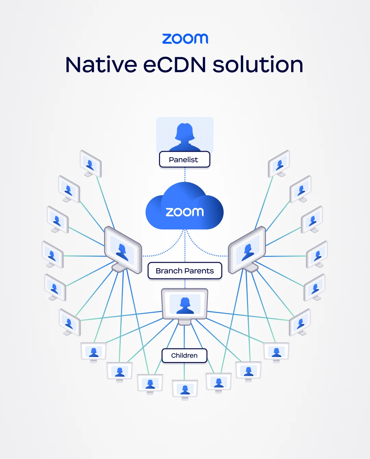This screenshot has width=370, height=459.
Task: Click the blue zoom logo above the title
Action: [185, 39]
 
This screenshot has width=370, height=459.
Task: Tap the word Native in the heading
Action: [101, 64]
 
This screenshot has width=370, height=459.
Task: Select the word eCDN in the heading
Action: [174, 64]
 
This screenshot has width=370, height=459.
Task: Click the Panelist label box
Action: [185, 159]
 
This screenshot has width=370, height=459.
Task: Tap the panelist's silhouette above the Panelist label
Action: [185, 137]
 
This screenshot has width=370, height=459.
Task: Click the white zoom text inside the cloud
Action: [185, 212]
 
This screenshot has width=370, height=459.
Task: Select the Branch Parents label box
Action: [185, 271]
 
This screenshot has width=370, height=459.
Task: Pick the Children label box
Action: [184, 356]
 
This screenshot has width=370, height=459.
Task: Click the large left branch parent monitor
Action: [123, 250]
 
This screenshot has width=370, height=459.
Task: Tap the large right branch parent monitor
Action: [247, 250]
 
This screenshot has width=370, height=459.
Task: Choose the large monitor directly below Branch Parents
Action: [185, 307]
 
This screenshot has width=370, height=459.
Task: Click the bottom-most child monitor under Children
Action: [185, 390]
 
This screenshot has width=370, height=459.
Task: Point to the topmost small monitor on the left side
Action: [90, 164]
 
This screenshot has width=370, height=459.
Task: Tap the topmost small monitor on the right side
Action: [279, 164]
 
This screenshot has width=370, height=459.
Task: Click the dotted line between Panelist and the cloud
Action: [185, 175]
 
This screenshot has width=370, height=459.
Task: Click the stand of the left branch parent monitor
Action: [119, 267]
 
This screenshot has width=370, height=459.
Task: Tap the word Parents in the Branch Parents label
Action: [199, 271]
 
